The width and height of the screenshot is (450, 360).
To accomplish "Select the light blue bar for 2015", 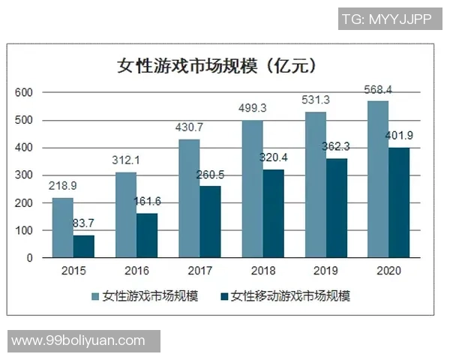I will (x=62, y=228).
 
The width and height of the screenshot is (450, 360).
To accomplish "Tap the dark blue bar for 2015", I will (x=83, y=247).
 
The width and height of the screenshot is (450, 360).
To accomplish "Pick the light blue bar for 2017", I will (x=189, y=199).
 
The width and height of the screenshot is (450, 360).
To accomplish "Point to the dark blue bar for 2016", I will (x=146, y=235).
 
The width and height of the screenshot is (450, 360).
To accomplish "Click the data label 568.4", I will (x=378, y=90).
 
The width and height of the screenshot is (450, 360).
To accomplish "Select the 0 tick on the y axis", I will (x=30, y=258).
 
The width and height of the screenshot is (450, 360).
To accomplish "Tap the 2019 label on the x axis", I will (x=325, y=271).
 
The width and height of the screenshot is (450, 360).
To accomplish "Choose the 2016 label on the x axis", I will (x=136, y=271).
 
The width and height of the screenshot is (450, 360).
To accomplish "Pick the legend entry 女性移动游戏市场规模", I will (x=284, y=295).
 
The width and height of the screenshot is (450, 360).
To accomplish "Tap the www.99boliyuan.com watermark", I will (x=79, y=340).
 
